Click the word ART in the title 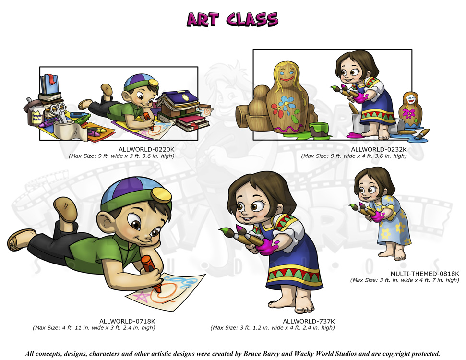pos(203,20)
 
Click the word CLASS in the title pos(252,20)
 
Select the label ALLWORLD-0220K pos(146,149)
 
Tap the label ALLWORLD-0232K pos(379,149)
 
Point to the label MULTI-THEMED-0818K pos(425,274)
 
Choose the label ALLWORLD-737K pos(309,321)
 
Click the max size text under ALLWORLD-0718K pos(94,328)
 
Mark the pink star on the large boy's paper pos(142,297)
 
